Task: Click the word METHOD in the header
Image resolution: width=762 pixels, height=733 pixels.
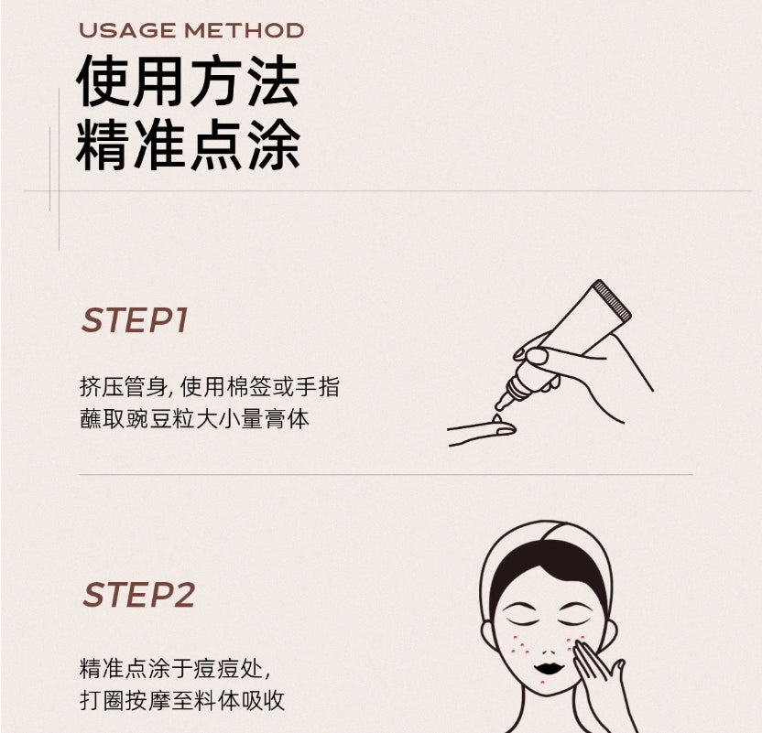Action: [244, 30]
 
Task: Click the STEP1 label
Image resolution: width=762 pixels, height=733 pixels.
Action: [135, 321]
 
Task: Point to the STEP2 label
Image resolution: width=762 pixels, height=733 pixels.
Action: [138, 595]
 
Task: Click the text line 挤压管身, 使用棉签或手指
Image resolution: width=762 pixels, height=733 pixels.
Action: [209, 387]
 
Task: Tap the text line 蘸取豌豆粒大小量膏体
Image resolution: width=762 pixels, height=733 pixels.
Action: [194, 420]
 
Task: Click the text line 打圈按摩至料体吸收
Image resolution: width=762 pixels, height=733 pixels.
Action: [182, 701]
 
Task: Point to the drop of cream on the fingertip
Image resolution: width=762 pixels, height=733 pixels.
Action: [496, 423]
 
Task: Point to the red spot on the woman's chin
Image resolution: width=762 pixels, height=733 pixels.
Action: [549, 682]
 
